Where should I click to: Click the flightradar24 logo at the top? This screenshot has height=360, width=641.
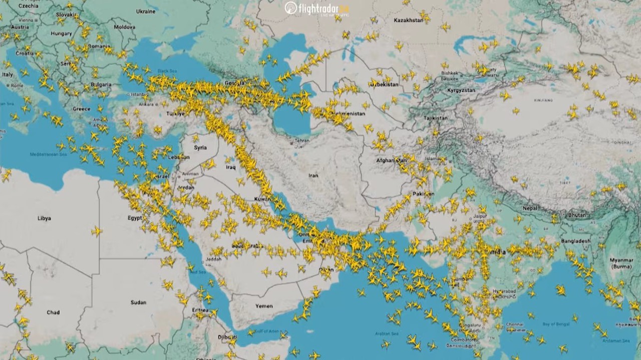click(317, 9)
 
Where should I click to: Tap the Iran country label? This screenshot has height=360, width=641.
click(313, 176)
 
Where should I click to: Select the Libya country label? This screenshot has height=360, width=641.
click(44, 218)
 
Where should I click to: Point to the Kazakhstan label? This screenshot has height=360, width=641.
click(409, 21)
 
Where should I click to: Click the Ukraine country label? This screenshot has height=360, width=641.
click(146, 11)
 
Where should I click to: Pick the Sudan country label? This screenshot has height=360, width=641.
click(138, 302)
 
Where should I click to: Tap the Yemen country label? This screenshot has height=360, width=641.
click(264, 306)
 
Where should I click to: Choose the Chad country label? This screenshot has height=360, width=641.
click(53, 312)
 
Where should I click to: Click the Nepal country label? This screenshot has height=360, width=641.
click(530, 208)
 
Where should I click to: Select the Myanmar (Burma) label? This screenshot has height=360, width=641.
click(621, 263)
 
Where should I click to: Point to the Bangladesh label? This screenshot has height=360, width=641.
click(575, 241)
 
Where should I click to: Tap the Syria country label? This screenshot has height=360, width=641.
click(200, 148)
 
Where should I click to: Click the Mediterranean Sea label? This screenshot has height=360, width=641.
click(48, 154)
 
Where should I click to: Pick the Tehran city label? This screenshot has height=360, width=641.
click(302, 141)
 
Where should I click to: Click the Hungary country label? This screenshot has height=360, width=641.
click(61, 34)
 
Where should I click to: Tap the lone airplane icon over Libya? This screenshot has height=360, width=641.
click(96, 231)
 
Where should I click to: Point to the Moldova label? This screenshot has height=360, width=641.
click(124, 27)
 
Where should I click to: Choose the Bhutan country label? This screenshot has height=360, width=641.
click(577, 215)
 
